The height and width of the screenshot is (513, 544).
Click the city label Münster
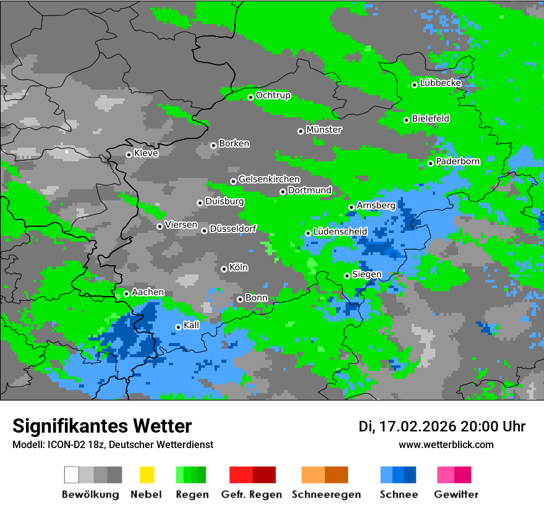click(x=324, y=130)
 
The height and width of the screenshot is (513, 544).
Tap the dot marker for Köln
click(x=224, y=269)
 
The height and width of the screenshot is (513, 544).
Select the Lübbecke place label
click(x=441, y=83)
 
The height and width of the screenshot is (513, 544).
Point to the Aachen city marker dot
click(x=126, y=294)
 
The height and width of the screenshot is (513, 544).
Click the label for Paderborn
click(x=458, y=161)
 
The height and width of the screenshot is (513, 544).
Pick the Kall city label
click(x=192, y=325)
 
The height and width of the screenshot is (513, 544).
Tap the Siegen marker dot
click(x=347, y=276)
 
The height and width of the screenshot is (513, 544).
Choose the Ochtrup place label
click(x=273, y=95)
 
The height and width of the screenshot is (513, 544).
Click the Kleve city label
click(x=147, y=153)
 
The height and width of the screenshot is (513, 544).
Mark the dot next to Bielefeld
click(x=406, y=120)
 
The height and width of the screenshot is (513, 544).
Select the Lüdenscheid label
click(x=341, y=232)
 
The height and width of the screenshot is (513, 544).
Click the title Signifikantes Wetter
click(x=102, y=426)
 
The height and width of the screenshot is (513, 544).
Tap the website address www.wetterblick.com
click(x=446, y=444)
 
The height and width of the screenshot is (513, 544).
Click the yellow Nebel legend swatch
click(x=147, y=475)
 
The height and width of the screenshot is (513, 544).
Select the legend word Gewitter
click(x=456, y=494)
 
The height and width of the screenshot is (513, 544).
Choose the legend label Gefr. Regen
click(x=252, y=494)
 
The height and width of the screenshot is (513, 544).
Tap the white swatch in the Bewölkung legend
click(x=72, y=475)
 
